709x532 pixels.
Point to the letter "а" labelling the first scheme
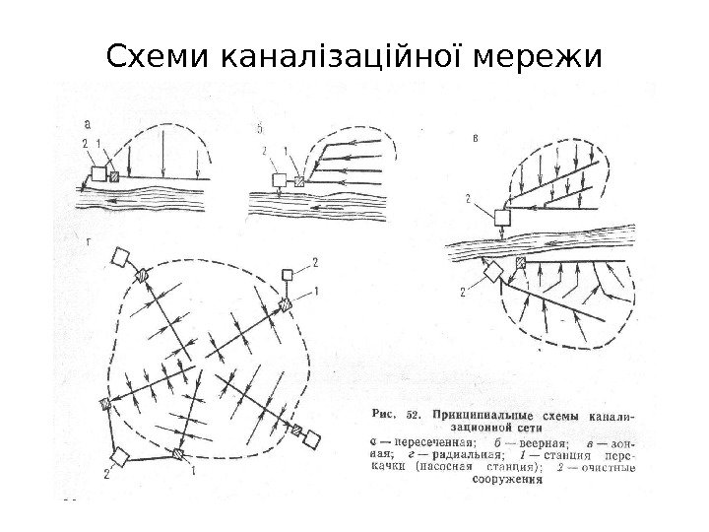pyautogui.click(x=90, y=124)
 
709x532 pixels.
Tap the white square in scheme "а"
pyautogui.click(x=98, y=174)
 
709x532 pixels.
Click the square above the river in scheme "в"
pyautogui.click(x=502, y=217)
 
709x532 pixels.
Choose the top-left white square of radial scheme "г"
pyautogui.click(x=122, y=257)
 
